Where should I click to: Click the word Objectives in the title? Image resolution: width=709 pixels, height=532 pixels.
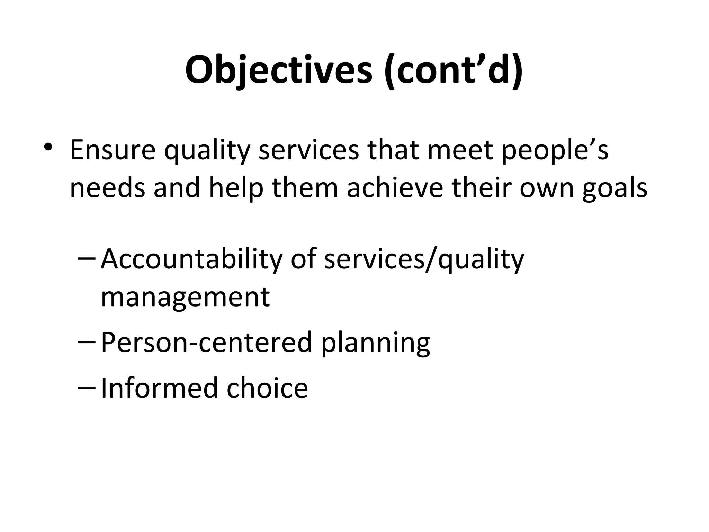click(279, 71)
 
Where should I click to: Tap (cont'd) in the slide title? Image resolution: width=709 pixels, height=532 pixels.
click(453, 71)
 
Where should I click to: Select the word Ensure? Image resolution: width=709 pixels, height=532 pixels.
click(113, 150)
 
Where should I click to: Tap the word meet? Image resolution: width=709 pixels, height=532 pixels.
click(460, 150)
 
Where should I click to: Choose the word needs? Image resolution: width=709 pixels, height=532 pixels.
click(107, 188)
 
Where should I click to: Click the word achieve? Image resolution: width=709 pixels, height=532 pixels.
click(395, 188)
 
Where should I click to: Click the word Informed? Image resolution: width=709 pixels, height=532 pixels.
click(159, 388)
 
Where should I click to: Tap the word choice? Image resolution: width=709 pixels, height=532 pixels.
click(267, 388)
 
